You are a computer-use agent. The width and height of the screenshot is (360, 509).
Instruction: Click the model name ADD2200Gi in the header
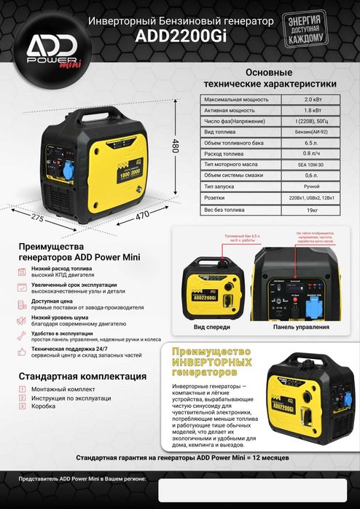181,42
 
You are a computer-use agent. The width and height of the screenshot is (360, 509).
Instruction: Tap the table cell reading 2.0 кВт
312,98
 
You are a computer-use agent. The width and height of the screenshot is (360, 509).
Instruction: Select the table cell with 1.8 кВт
312,109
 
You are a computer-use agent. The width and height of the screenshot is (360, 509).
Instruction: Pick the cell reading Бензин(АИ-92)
312,132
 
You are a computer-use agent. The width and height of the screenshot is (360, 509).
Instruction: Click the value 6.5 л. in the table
312,143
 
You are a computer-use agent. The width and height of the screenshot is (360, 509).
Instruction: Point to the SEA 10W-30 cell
312,165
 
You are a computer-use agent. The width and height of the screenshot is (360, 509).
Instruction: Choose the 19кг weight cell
312,210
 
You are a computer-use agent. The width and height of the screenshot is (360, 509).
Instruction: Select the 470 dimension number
142,215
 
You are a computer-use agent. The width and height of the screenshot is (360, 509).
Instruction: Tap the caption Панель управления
300,328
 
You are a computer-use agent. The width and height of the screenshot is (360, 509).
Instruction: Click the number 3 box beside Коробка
23,406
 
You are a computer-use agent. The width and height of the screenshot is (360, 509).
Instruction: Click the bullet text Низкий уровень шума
71,317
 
